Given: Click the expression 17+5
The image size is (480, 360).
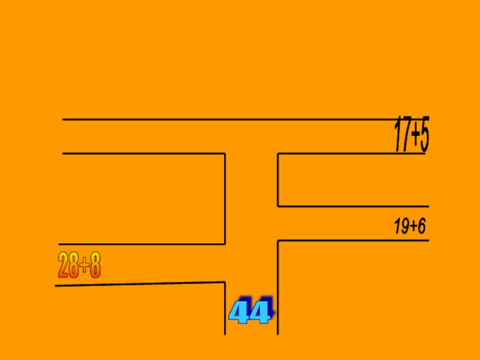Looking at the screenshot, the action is pyautogui.click(x=412, y=136).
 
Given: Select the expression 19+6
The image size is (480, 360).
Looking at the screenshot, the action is pyautogui.click(x=410, y=227).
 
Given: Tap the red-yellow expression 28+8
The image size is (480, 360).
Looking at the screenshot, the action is pyautogui.click(x=79, y=265).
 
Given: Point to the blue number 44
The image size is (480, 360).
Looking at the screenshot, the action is pyautogui.click(x=250, y=312).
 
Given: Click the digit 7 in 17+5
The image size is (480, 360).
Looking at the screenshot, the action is pyautogui.click(x=404, y=136).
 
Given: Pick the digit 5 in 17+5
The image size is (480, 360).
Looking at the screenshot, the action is pyautogui.click(x=424, y=136).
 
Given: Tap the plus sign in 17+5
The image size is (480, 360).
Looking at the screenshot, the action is pyautogui.click(x=414, y=137).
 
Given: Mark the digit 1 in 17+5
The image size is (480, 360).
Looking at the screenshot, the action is pyautogui.click(x=397, y=136).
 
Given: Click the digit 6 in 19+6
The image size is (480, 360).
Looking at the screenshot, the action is pyautogui.click(x=421, y=227).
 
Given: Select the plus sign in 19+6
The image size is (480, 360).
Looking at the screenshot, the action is pyautogui.click(x=413, y=227).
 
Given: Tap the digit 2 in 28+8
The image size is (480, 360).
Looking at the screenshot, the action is pyautogui.click(x=63, y=265).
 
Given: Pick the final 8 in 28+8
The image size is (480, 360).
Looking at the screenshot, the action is pyautogui.click(x=95, y=265).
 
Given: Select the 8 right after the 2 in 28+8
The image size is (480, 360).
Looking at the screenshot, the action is pyautogui.click(x=74, y=265).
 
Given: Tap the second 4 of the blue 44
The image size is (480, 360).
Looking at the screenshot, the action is pyautogui.click(x=261, y=313).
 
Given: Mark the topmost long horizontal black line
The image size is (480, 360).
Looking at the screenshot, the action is pyautogui.click(x=240, y=119).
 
